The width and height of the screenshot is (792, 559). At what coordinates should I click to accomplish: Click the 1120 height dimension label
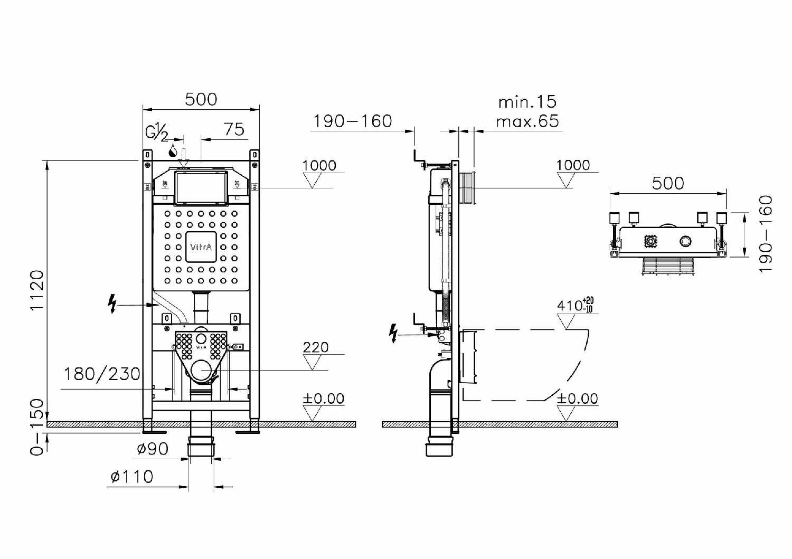click(x=37, y=290)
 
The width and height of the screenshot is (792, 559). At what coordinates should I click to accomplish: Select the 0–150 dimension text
click(x=37, y=427)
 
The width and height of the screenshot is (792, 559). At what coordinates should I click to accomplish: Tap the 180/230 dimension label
click(x=102, y=374)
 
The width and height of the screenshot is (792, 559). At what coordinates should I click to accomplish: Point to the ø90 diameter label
click(x=153, y=449)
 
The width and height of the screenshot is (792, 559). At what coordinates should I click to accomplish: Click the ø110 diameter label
click(x=132, y=477)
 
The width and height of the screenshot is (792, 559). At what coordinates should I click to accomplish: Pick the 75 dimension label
click(x=234, y=129)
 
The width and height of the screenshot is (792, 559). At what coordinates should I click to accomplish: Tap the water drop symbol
click(x=173, y=150)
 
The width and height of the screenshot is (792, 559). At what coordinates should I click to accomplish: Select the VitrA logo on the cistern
click(x=201, y=247)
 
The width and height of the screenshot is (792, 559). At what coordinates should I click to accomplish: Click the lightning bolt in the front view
click(x=112, y=304)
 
